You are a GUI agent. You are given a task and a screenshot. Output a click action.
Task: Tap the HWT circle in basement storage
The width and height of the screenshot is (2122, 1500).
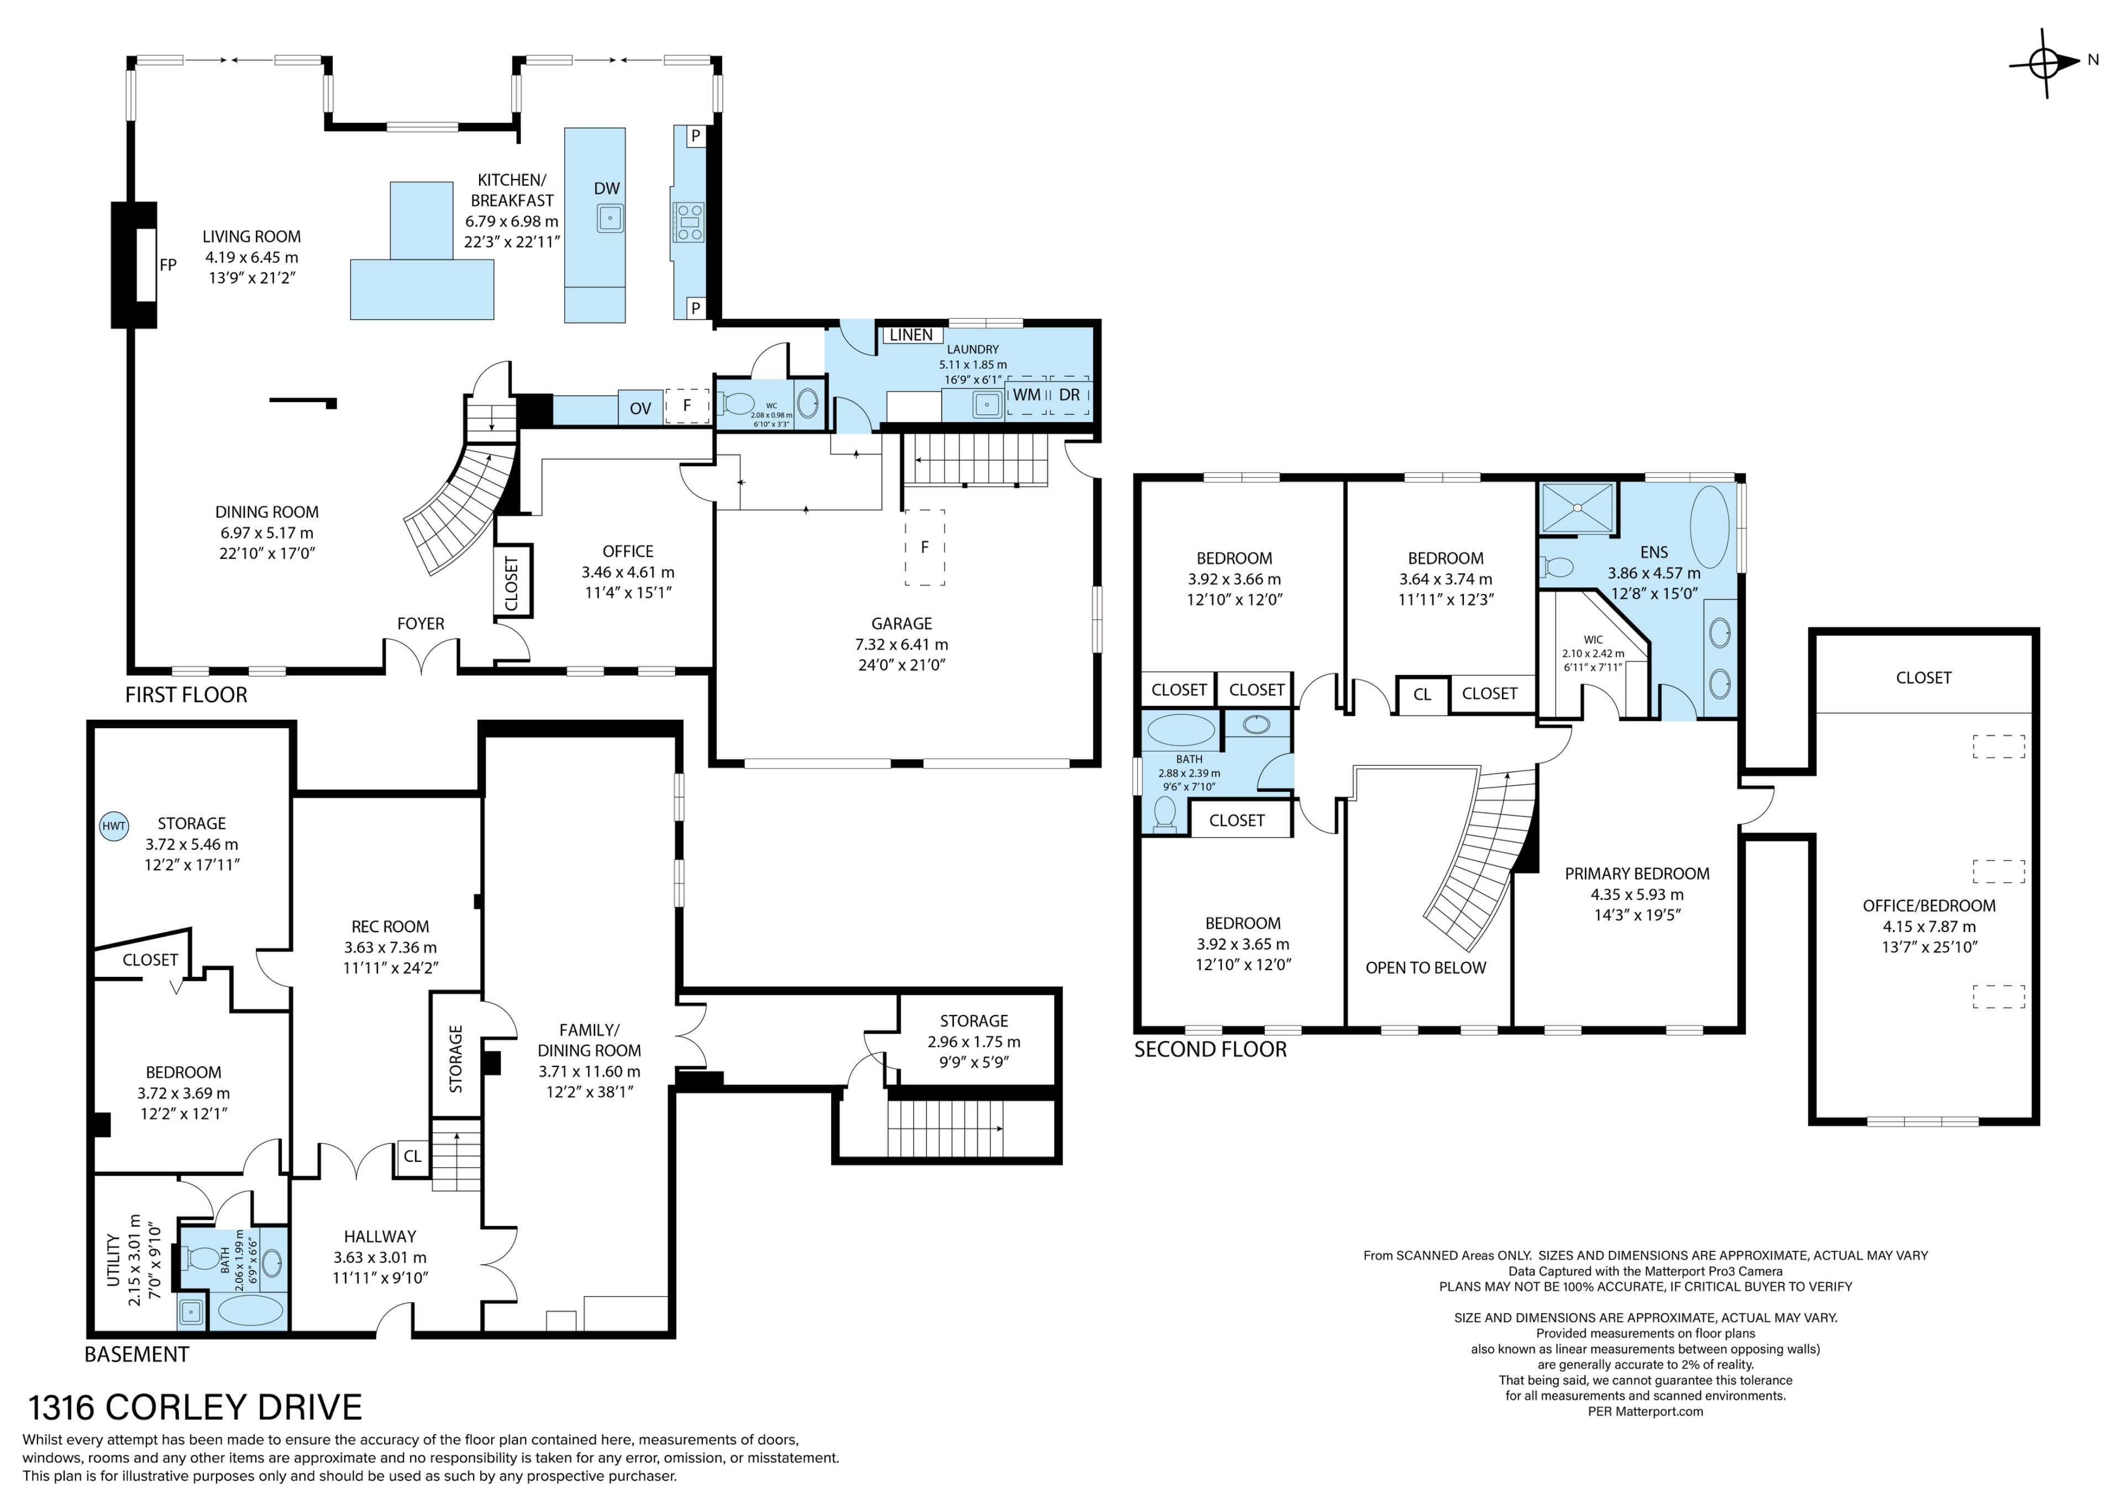(114, 827)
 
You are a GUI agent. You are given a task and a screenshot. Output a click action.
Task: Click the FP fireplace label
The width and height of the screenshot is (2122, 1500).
(167, 265)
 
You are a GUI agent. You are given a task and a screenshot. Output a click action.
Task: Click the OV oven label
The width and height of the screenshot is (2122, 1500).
(640, 408)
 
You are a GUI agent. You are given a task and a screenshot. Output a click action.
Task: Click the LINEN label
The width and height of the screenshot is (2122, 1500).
(911, 335)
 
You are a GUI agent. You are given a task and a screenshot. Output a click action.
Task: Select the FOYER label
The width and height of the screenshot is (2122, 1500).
(421, 624)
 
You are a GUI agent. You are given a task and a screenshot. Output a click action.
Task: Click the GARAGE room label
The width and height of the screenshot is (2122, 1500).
(901, 624)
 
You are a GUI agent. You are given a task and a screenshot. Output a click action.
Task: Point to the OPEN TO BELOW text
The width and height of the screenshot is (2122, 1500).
(1426, 967)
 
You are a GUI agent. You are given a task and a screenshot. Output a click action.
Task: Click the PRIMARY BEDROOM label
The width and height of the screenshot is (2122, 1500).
(1637, 873)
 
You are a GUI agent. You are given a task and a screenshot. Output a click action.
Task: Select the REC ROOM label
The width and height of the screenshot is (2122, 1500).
(390, 926)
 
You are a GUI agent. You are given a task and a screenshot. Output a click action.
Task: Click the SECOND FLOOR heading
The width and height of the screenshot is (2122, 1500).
(1211, 1049)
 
